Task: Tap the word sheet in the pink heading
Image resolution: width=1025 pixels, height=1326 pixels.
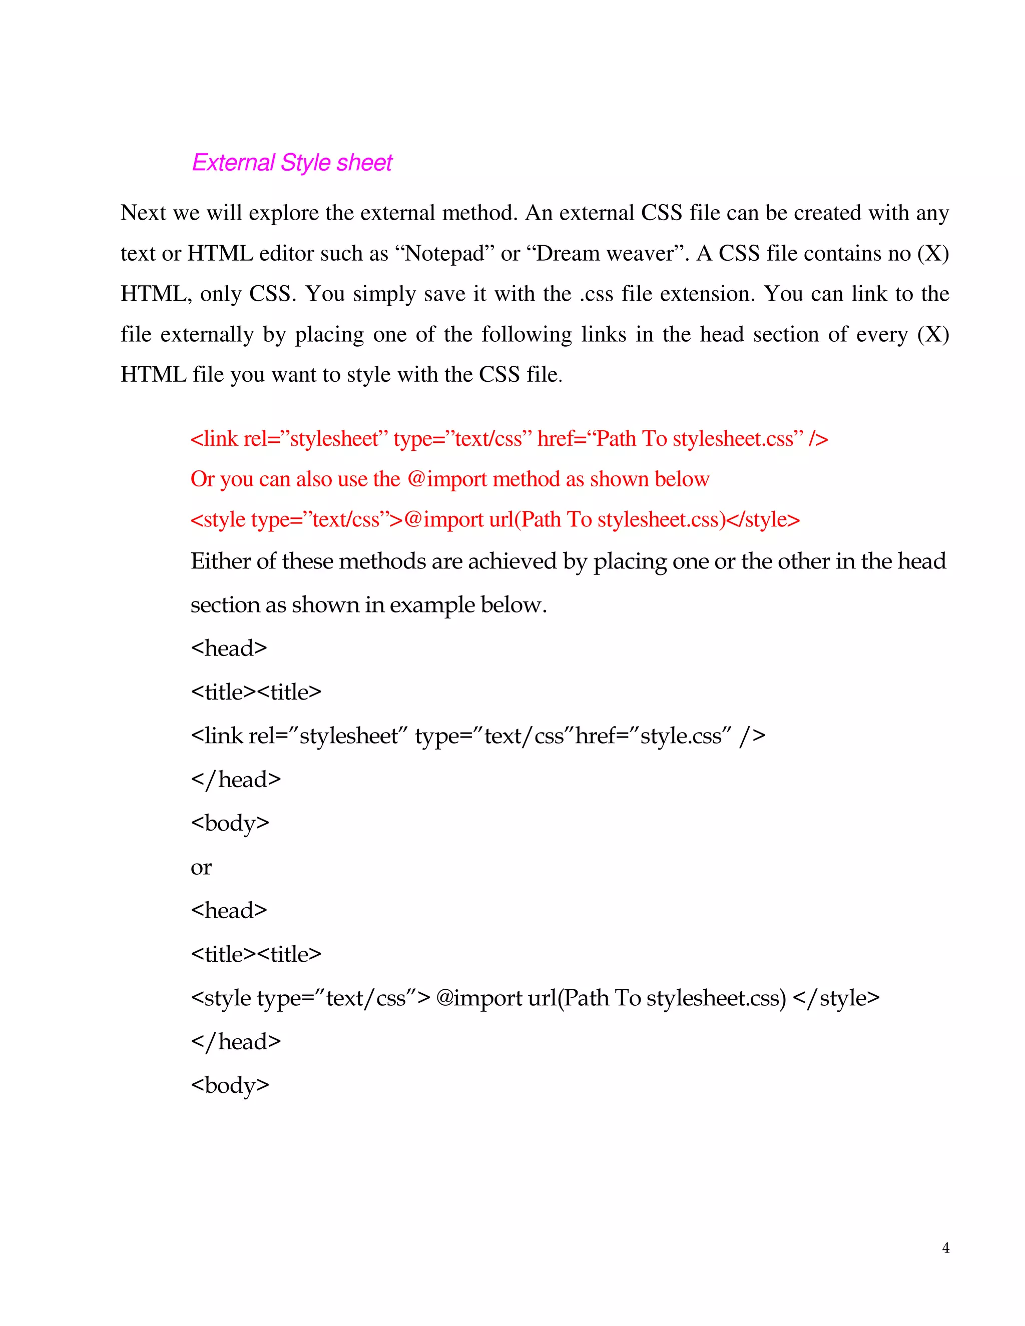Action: tap(364, 163)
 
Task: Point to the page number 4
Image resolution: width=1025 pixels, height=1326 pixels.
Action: tap(945, 1247)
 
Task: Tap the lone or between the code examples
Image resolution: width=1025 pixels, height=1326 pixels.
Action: tap(201, 867)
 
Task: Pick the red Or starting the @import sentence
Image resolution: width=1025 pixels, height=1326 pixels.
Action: tap(202, 479)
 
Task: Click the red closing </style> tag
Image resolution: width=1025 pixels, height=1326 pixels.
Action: tap(763, 520)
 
